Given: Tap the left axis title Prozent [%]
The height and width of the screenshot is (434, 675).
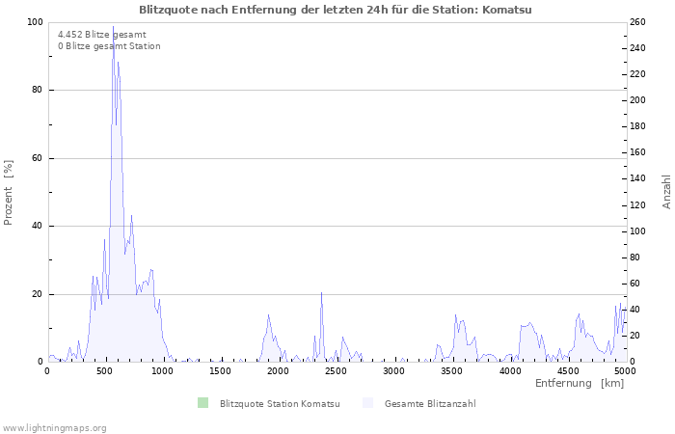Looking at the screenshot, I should pos(9,192).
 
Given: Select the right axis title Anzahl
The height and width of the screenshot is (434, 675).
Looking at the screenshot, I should pos(666,192).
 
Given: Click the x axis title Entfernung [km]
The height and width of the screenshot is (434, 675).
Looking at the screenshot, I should pos(579,384).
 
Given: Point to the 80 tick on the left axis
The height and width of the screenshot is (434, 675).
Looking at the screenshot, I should pos(37,91).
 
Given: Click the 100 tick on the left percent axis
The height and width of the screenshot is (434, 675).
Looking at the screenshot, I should pos(34,22).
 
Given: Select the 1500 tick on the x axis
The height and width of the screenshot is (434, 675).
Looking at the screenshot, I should pos(221,370).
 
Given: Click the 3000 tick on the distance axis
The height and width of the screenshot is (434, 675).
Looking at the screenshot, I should pos(393,370).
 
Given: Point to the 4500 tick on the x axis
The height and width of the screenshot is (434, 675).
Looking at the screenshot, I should pos(567,370).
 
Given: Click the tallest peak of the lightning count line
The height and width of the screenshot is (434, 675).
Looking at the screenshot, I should pos(113,27).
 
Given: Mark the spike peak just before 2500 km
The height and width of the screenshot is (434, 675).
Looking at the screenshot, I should pos(321,292).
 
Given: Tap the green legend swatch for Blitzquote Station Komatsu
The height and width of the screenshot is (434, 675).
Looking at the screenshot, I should pos(202,403).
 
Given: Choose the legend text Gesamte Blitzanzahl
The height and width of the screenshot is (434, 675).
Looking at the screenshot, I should pos(429,403).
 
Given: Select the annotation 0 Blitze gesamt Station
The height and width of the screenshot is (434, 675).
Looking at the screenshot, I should pos(109,46).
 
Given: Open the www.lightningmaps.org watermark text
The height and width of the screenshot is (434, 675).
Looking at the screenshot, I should pos(54,427).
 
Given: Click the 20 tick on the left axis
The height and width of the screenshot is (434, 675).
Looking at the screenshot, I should pos(37,294).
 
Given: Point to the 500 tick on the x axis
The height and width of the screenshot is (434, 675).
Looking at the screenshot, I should pos(105,370).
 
